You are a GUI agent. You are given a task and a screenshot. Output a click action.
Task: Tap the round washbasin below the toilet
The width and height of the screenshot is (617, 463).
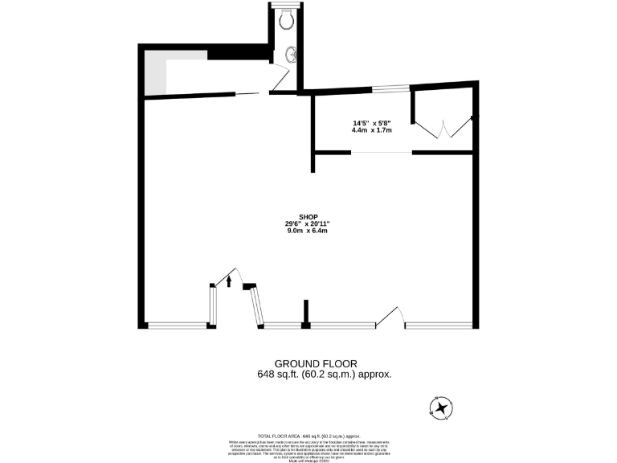pyautogui.click(x=290, y=55)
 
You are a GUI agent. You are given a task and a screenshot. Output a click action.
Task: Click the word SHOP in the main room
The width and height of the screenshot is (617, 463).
pyautogui.click(x=308, y=217)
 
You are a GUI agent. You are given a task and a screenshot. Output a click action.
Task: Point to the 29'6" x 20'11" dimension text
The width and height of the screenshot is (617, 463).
pyautogui.click(x=308, y=224)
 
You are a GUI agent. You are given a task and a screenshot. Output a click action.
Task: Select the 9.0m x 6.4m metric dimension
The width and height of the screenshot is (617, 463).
pyautogui.click(x=308, y=231)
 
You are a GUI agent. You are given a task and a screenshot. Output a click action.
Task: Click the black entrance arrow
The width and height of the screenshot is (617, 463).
pyautogui.click(x=230, y=281)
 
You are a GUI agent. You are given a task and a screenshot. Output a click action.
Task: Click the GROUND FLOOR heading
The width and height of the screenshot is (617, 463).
pyautogui.click(x=316, y=364)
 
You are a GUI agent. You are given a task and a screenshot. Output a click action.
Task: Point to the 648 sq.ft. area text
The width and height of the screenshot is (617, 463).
pyautogui.click(x=325, y=374)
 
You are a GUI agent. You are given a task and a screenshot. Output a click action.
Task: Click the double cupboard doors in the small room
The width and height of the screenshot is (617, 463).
pyautogui.click(x=443, y=129)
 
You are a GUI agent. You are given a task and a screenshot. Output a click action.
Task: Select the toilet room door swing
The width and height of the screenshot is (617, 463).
pyautogui.click(x=278, y=79)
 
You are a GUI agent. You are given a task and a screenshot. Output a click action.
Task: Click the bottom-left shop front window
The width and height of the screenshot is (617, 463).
pyautogui.click(x=178, y=326)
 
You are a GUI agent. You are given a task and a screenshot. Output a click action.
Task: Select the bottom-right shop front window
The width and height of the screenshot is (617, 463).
pyautogui.click(x=438, y=326)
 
